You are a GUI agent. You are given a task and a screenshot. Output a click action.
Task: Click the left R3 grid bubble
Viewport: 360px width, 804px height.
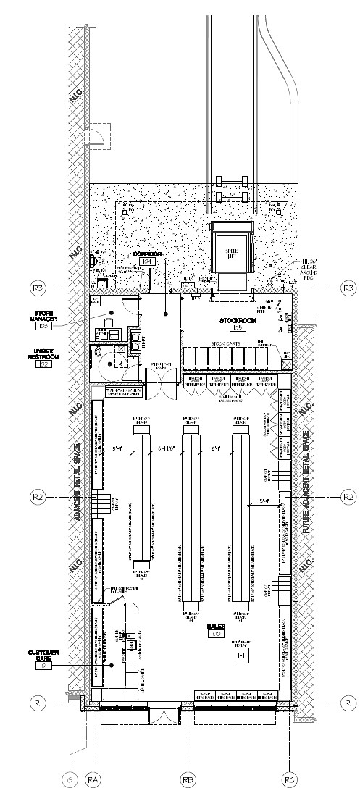pyautogui.click(x=38, y=288)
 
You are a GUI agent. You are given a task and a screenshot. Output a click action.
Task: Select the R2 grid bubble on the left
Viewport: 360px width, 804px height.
pyautogui.click(x=38, y=497)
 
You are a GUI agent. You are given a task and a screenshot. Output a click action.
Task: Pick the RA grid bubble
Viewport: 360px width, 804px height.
pyautogui.click(x=93, y=779)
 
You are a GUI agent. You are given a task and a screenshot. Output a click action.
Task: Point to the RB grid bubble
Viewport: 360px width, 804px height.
pyautogui.click(x=188, y=779)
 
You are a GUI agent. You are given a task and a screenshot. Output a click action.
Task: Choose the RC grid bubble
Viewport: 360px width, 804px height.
pyautogui.click(x=288, y=779)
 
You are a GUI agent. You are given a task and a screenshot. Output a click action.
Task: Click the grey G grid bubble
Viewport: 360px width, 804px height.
pyautogui.click(x=70, y=779)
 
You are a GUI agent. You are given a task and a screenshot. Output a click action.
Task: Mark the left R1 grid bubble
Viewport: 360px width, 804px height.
pyautogui.click(x=38, y=703)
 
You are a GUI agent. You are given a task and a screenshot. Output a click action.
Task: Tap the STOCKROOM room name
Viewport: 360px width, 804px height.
pyautogui.click(x=238, y=319)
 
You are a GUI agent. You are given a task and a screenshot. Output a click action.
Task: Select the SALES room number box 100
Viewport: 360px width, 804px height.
pyautogui.click(x=215, y=634)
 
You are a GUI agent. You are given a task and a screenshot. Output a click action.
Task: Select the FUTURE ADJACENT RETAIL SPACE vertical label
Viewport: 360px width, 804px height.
pyautogui.click(x=306, y=482)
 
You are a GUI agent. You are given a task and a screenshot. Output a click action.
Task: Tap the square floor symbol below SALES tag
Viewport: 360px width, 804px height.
pyautogui.click(x=238, y=656)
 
